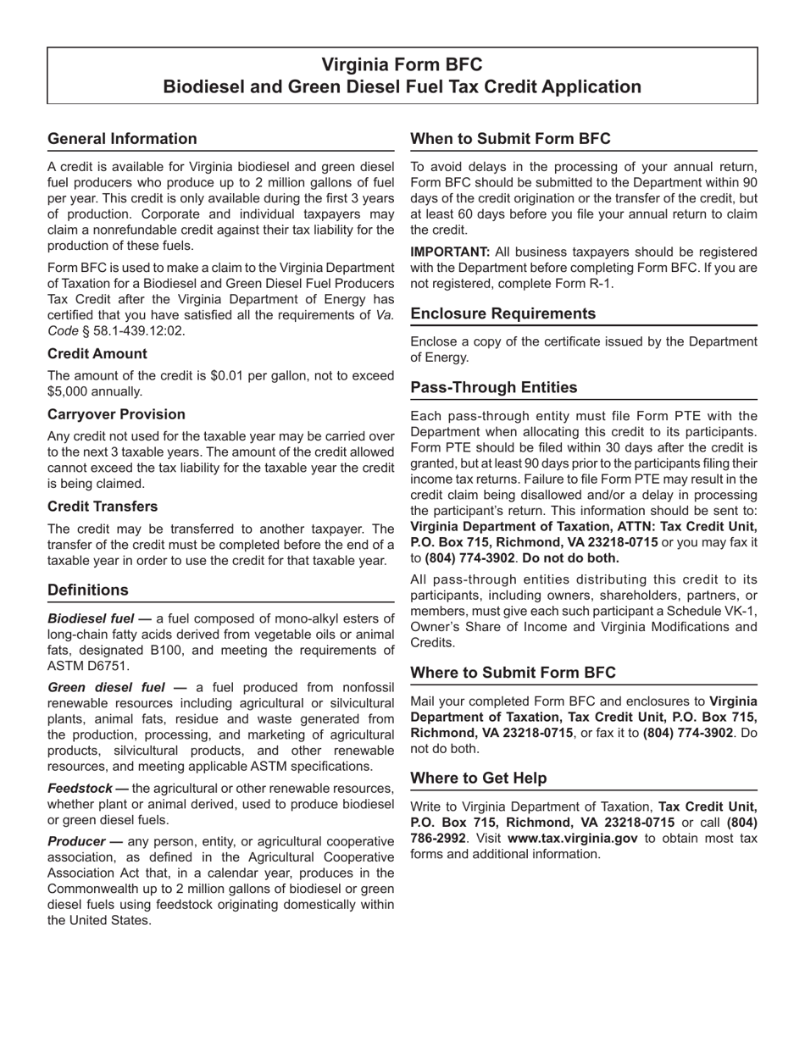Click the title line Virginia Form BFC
(402, 65)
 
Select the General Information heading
(122, 139)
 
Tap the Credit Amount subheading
(97, 354)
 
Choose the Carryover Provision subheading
(116, 414)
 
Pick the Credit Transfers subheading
(103, 507)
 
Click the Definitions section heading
(88, 590)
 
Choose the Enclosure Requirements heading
(503, 313)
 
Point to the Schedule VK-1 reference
(708, 611)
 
